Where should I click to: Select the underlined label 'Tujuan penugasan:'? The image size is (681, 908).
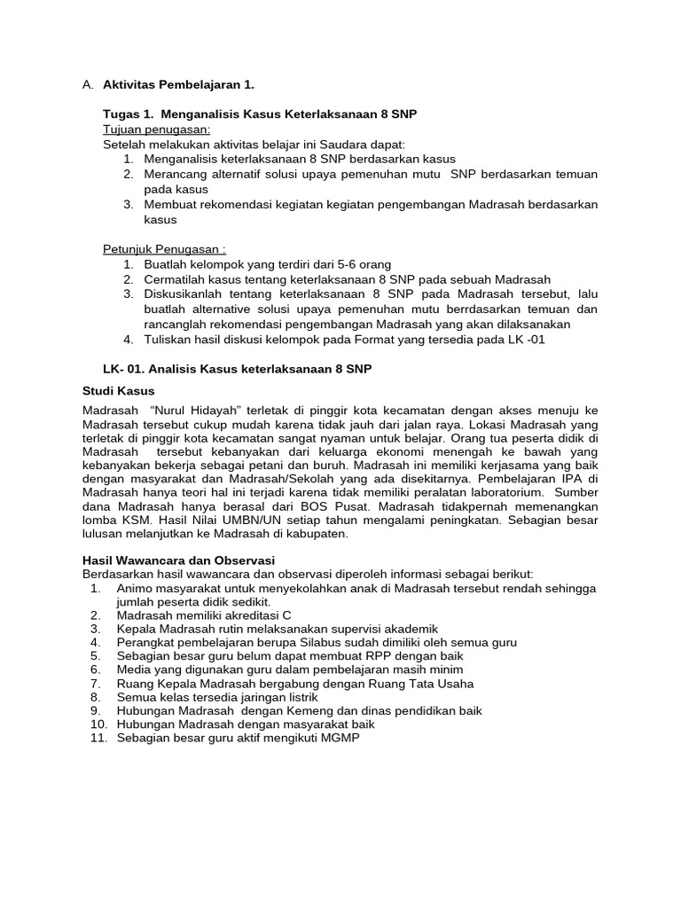157,129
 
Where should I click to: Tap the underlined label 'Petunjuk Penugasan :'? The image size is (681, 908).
164,250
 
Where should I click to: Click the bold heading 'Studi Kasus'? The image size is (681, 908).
118,390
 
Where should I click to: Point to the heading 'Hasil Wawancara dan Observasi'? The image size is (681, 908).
178,560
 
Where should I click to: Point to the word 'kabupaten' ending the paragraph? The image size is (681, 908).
313,534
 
